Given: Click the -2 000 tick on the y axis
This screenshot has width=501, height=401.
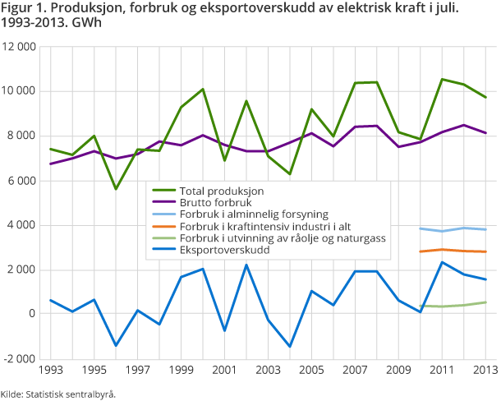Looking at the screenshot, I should (22, 359).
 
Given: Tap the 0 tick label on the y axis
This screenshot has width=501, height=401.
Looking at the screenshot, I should (33, 314).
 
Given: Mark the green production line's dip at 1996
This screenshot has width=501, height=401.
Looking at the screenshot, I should (116, 189).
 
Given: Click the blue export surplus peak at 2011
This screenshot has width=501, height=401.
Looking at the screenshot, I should (442, 262).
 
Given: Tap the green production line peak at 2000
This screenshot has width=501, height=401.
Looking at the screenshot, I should (202, 89).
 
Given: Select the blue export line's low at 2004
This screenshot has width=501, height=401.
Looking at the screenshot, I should (289, 346).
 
